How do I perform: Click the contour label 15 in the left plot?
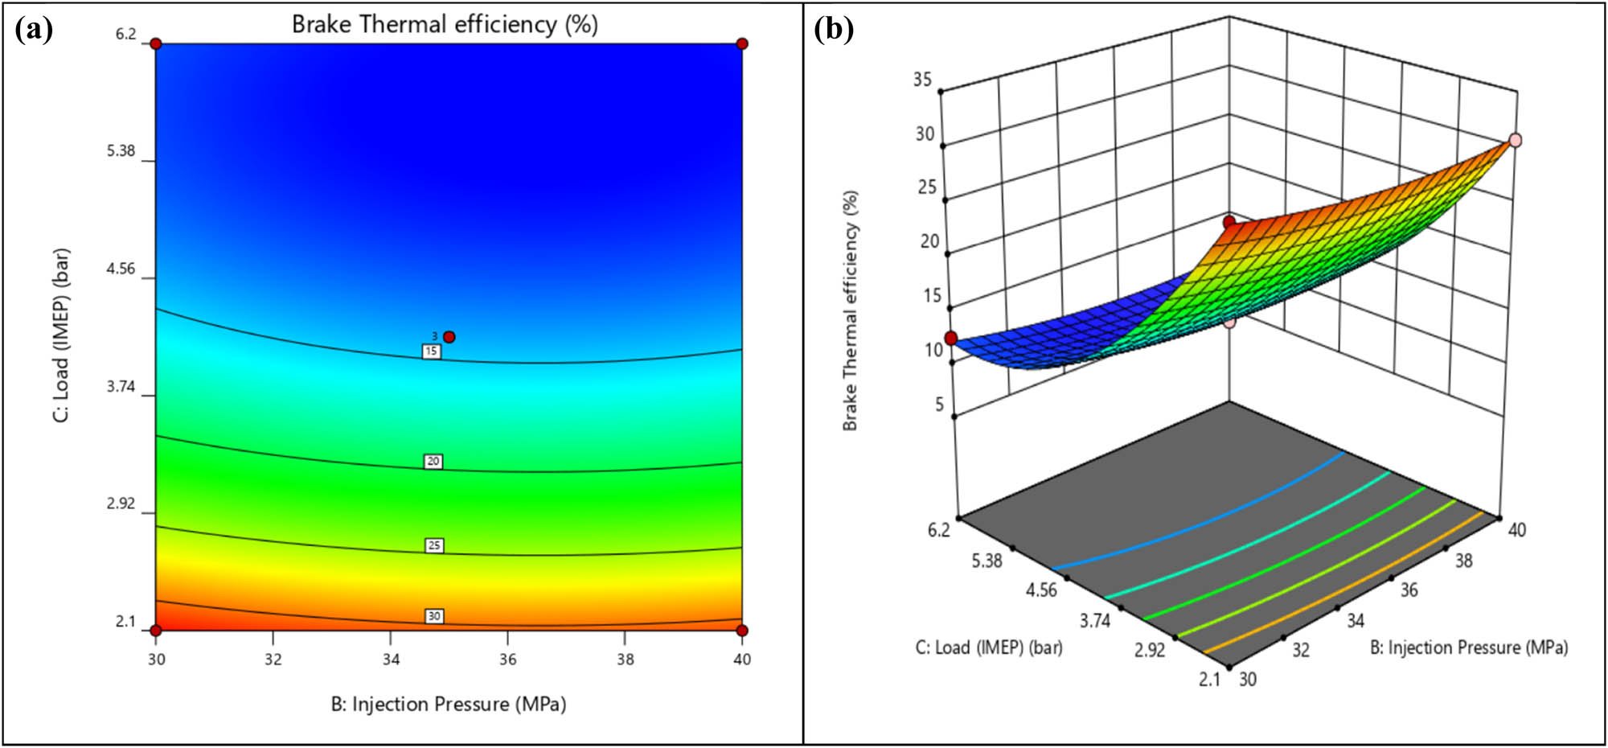(432, 351)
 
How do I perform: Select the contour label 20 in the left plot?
(433, 462)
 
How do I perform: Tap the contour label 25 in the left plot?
(434, 546)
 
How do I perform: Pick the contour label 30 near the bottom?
(434, 616)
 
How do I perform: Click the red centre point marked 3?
(449, 337)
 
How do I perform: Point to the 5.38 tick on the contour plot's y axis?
(121, 151)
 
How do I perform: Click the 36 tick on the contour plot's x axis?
(507, 660)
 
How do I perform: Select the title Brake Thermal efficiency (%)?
(445, 24)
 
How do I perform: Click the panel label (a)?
(34, 30)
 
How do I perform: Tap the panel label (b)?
(834, 30)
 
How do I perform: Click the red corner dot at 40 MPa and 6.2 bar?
(742, 43)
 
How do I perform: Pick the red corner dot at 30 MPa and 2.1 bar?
(156, 630)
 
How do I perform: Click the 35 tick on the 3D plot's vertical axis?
(922, 79)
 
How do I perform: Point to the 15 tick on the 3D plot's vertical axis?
(932, 295)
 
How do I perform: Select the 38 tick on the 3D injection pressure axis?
(1463, 561)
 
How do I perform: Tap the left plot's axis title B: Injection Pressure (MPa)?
(449, 705)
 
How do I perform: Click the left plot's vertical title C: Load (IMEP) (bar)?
(61, 335)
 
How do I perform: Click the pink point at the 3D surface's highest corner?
(1516, 140)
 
